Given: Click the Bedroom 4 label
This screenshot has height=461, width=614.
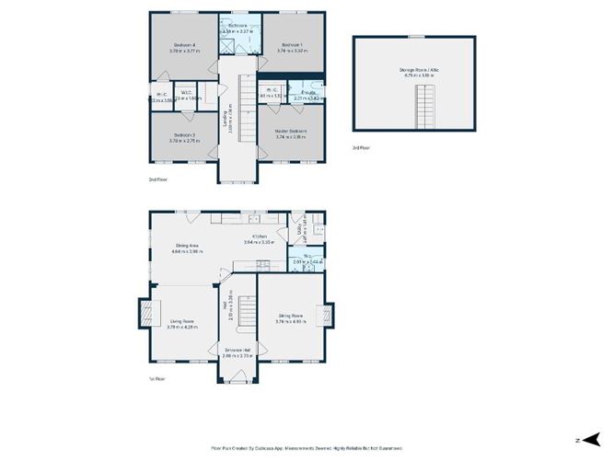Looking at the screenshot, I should coord(184,45).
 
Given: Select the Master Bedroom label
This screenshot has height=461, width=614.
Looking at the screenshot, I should coord(291,131).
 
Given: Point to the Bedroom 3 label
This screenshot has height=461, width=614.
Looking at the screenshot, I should coord(183,135).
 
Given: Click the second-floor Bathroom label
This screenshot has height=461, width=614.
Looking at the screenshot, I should coord(239,26).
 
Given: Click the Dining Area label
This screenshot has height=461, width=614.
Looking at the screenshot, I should coord(189,245).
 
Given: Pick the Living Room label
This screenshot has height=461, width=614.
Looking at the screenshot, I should coord(180,321).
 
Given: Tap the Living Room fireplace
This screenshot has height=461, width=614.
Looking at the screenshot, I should coord(144,314).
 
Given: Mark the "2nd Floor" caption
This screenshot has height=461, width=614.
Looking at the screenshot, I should coord(157,179).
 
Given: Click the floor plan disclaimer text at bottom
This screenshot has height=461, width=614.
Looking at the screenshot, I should coord(307,448).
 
